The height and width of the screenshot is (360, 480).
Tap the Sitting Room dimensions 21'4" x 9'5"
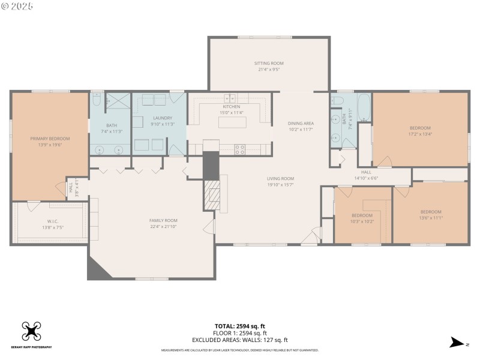(269, 70)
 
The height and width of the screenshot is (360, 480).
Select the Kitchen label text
(232, 106)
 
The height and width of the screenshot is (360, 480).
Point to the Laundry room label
(163, 118)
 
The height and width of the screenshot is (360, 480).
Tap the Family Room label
(163, 220)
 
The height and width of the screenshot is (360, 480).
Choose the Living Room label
(280, 178)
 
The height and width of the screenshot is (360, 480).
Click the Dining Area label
(301, 123)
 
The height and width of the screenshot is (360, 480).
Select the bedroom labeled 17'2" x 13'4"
(420, 128)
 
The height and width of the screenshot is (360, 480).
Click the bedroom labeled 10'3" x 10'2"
(362, 215)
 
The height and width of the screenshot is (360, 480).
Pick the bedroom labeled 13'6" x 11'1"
(431, 212)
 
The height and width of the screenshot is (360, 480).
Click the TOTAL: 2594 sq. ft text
(240, 326)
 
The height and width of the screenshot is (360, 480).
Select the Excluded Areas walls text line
(240, 340)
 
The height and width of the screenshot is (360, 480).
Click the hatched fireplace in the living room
(211, 195)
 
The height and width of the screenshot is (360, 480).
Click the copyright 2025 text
(18, 5)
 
